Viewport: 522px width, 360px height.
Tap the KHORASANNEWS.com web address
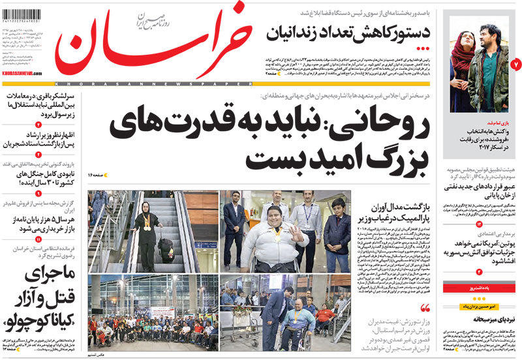pyautogui.click(x=24, y=74)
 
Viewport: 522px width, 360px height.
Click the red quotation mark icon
pyautogui.click(x=426, y=308)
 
